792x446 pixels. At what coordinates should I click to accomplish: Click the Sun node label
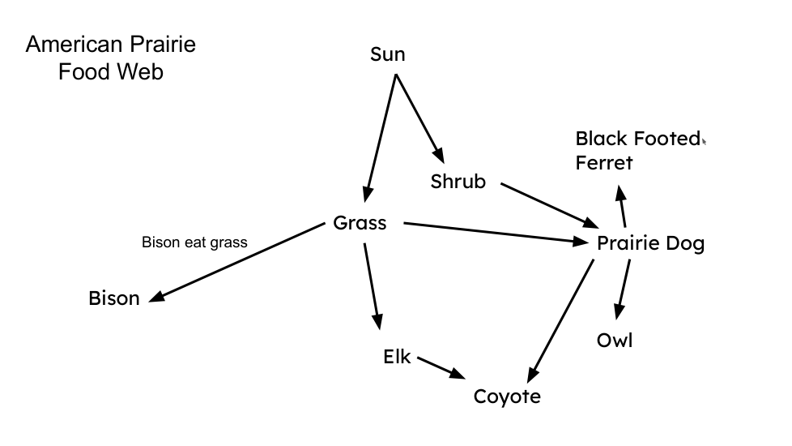[387, 54]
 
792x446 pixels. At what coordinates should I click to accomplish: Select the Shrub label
[458, 182]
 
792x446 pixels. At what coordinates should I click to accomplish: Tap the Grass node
[360, 223]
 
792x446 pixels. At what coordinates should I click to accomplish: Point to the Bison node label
[114, 298]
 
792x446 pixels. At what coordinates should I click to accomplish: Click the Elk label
[397, 356]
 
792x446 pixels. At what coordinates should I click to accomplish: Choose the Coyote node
[507, 397]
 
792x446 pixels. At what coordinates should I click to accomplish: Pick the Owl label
[615, 340]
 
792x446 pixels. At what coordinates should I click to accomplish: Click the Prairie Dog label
[650, 243]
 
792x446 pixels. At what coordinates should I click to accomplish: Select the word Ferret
[604, 163]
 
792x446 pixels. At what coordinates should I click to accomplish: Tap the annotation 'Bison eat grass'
[194, 242]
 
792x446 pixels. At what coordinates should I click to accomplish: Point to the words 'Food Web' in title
[110, 71]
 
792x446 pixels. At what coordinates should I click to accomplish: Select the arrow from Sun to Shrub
[419, 118]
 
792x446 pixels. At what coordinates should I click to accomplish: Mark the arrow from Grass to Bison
[239, 263]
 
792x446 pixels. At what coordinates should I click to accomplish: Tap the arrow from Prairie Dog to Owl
[623, 289]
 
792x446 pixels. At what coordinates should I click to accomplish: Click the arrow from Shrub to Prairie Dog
[548, 204]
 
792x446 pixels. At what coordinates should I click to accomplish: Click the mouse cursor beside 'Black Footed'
[704, 141]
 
